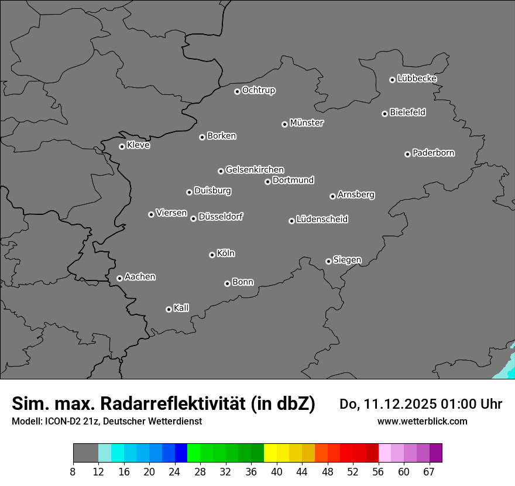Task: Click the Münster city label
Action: (307, 123)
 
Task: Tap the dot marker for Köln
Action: (212, 255)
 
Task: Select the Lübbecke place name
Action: (417, 78)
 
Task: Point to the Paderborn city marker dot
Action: (407, 154)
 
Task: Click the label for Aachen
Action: (140, 277)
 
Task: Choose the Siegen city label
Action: (347, 260)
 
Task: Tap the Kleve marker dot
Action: (122, 146)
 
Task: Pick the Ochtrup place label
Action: (259, 90)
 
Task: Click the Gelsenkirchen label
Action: (255, 170)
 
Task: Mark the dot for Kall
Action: (169, 309)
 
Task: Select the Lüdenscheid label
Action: (322, 220)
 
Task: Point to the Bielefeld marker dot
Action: (384, 114)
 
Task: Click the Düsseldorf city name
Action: (221, 217)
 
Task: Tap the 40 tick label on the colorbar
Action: (277, 471)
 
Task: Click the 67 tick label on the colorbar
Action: (429, 471)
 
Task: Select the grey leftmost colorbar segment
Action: (85, 453)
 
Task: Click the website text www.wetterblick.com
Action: (422, 421)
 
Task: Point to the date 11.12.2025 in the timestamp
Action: (400, 404)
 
